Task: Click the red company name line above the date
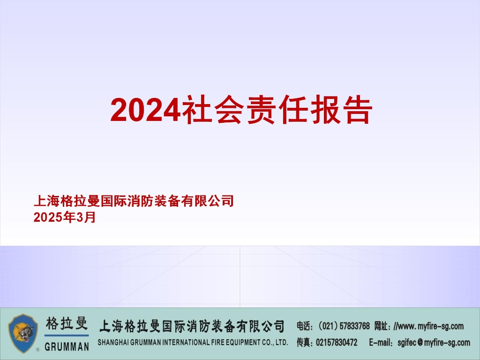pos(134,202)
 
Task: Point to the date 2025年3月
pos(65,217)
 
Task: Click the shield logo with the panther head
pos(24,333)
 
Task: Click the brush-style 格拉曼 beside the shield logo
pos(67,324)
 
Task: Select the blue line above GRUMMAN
pos(67,336)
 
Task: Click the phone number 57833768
pos(354,326)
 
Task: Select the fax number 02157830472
pos(337,343)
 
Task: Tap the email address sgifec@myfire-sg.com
pos(434,343)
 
